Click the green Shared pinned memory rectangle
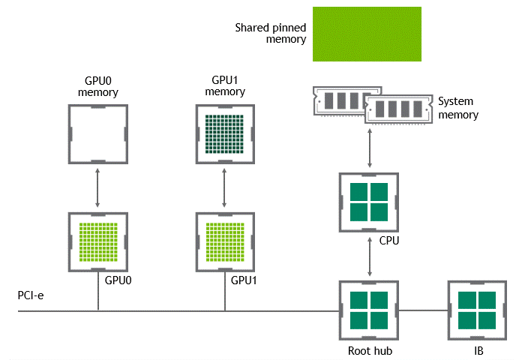click(x=367, y=34)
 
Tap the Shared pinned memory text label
click(x=271, y=32)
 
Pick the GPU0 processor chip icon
click(x=97, y=242)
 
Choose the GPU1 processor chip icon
click(x=225, y=242)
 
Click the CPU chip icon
click(x=368, y=201)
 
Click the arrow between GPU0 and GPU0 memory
click(x=97, y=189)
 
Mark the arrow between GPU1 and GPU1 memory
click(x=225, y=189)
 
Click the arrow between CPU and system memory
click(x=368, y=148)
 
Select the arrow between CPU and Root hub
click(x=368, y=256)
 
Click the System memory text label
click(x=457, y=108)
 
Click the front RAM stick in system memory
click(x=399, y=110)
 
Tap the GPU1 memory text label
click(x=225, y=85)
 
